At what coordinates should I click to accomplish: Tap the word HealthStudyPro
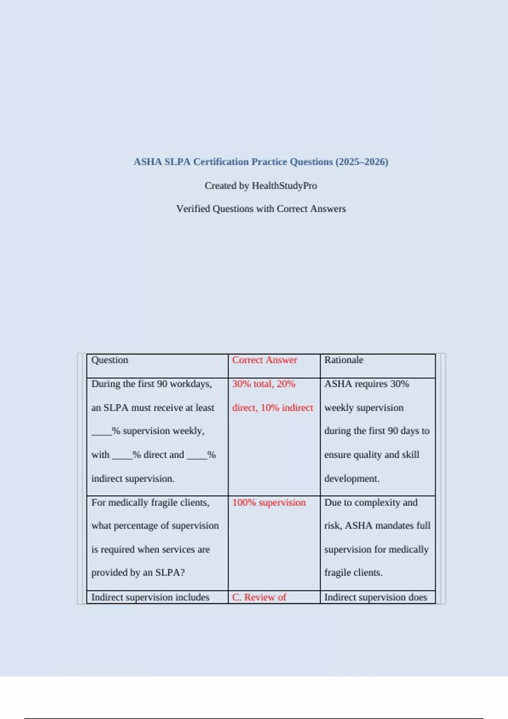click(x=284, y=186)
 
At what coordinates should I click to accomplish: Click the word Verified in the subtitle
click(x=193, y=209)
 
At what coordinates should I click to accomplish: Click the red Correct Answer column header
click(x=265, y=360)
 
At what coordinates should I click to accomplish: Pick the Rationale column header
click(x=344, y=360)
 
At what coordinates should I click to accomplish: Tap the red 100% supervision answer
click(x=269, y=502)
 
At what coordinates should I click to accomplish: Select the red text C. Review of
click(x=259, y=597)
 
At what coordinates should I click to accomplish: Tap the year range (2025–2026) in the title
click(x=362, y=162)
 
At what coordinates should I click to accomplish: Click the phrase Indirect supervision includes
click(x=150, y=597)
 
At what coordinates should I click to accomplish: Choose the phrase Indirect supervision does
click(x=375, y=597)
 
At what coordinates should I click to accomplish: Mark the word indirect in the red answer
click(x=298, y=408)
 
